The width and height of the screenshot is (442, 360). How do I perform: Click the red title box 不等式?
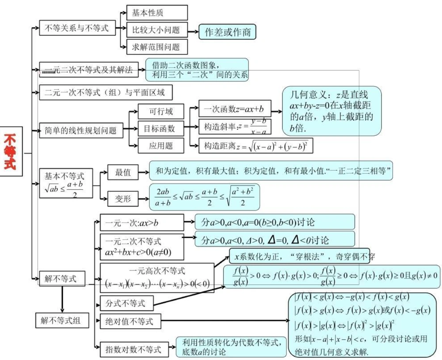[x=11, y=152]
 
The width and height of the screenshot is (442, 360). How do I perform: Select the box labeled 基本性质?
[x=157, y=13]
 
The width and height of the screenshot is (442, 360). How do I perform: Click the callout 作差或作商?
[x=227, y=32]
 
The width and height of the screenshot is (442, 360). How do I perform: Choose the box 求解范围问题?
[x=157, y=46]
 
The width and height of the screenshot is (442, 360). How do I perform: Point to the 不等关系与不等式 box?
[x=77, y=28]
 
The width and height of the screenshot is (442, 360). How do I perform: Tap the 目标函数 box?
[x=159, y=128]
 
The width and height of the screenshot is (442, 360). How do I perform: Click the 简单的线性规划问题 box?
[x=81, y=130]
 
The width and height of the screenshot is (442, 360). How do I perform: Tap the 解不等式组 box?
[x=61, y=320]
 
